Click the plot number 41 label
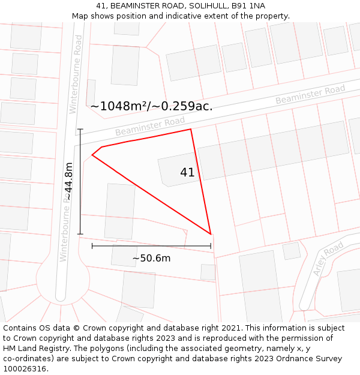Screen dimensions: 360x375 (187, 172)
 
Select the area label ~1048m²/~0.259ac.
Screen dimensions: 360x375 (151, 106)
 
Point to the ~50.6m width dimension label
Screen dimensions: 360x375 (151, 259)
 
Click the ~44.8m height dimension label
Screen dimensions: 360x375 (69, 181)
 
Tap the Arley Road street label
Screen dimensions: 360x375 (328, 259)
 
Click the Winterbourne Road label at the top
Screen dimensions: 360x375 (76, 73)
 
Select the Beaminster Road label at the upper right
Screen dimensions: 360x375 (310, 95)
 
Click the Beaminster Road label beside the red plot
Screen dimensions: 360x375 (150, 126)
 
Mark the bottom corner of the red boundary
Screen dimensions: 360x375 (211, 234)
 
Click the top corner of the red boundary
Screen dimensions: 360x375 (191, 129)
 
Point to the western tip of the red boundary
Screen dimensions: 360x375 (92, 155)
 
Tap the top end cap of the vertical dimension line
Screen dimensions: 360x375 (80, 129)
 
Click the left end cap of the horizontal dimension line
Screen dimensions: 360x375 (92, 245)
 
